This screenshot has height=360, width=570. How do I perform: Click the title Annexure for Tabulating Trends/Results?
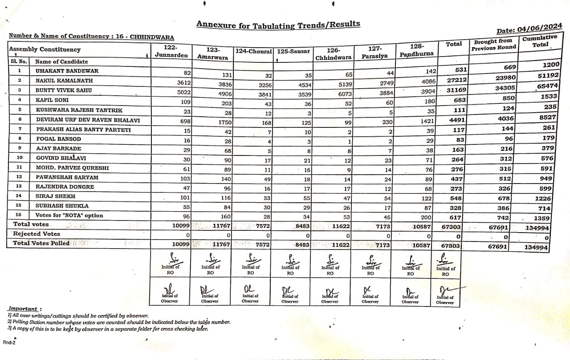[x=278, y=25]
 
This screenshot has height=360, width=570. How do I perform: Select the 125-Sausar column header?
[x=293, y=52]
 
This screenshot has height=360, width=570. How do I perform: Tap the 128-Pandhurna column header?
[x=418, y=50]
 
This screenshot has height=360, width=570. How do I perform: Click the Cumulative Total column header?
[x=539, y=41]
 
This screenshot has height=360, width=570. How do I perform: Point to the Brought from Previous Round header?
[x=494, y=45]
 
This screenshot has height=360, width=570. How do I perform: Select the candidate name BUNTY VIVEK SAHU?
[x=64, y=90]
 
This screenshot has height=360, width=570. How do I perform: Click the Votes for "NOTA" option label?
[x=69, y=216]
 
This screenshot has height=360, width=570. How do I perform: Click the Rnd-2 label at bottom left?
[x=9, y=342]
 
